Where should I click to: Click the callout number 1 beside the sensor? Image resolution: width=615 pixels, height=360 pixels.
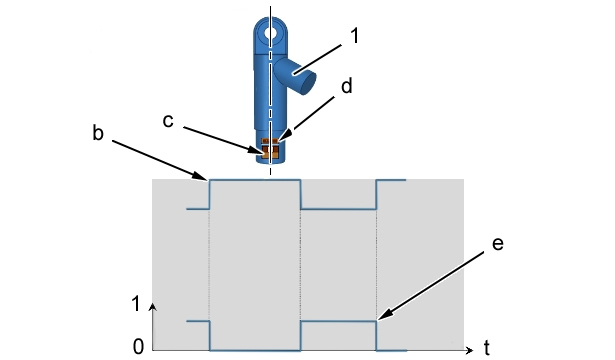click(354, 36)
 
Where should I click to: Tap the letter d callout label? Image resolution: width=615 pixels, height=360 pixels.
click(346, 86)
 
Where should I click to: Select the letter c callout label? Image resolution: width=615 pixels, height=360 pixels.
click(168, 121)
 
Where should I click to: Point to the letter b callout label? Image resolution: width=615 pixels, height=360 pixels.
click(98, 133)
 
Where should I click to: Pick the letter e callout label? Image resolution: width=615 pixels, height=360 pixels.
click(498, 244)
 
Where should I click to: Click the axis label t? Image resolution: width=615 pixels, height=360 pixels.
click(487, 347)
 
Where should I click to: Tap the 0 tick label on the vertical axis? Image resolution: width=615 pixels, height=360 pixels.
click(138, 347)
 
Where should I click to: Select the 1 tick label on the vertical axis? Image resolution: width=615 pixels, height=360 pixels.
click(136, 304)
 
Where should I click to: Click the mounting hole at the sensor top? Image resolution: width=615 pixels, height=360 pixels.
click(270, 33)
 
